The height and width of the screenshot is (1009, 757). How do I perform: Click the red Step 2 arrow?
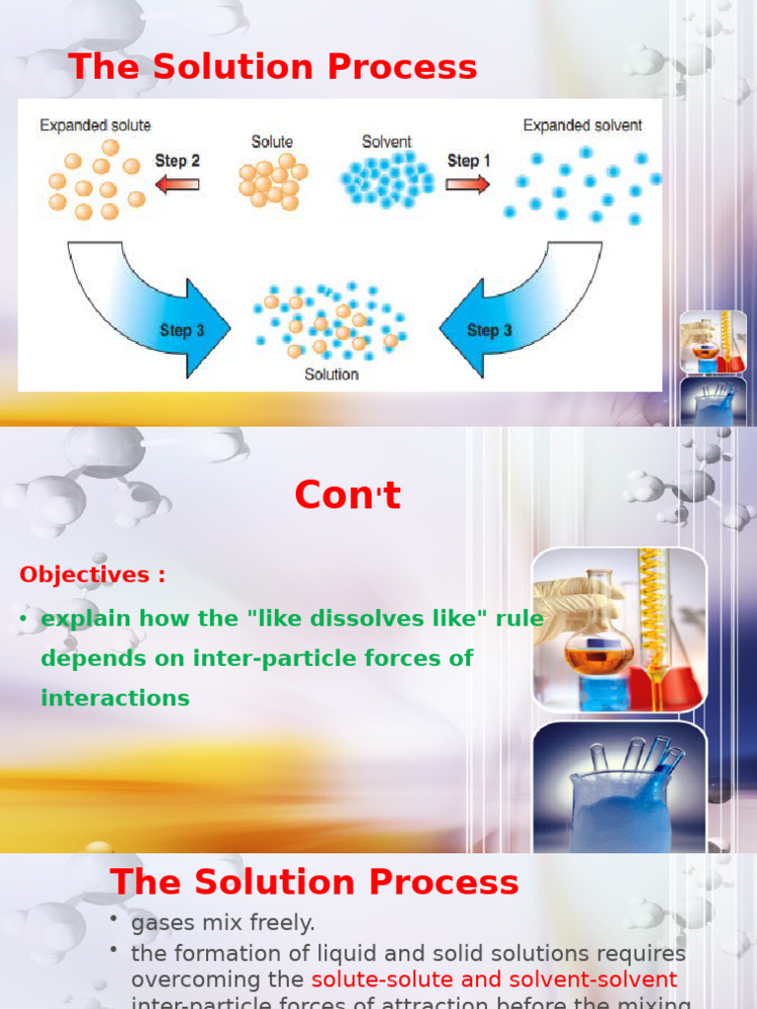coord(177,183)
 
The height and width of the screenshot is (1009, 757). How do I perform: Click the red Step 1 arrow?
coord(467,183)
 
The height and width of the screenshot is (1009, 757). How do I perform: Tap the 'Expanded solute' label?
coord(95,126)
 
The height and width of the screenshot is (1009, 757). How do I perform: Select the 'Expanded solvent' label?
coord(582,126)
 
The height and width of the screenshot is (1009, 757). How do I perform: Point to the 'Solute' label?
coord(271,142)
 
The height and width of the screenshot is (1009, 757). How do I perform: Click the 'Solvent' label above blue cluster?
coord(386,142)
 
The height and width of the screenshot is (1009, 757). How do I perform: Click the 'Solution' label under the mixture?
coord(331,374)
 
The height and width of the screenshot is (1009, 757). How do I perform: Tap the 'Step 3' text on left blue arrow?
coord(181,331)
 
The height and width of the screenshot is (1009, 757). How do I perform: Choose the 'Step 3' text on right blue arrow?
coord(489,331)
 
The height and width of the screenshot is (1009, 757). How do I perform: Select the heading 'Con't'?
coord(347,496)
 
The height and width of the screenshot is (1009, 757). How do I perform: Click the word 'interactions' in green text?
coord(115,698)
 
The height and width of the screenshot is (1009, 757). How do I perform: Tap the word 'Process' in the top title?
coord(415,67)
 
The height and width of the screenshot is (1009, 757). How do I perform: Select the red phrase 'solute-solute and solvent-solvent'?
coord(494,979)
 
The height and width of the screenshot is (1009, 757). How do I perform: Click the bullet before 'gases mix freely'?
coord(114,918)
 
